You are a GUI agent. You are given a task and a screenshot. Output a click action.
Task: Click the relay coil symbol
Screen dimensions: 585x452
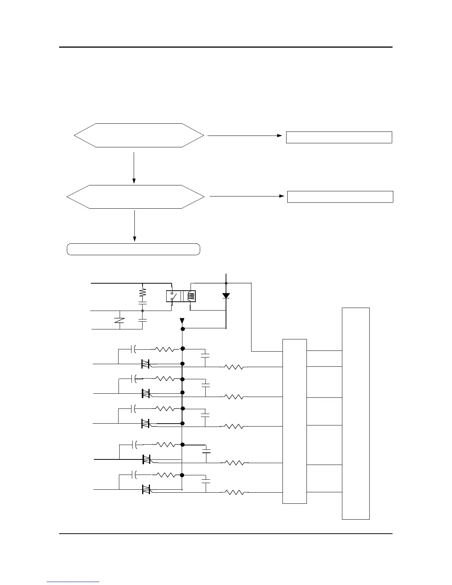pos(191,297)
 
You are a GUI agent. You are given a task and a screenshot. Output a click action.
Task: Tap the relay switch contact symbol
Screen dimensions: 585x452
pos(172,297)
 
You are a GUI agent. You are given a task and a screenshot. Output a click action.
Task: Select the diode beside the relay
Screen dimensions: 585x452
pos(226,296)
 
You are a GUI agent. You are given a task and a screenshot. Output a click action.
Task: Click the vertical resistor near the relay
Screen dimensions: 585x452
pos(143,293)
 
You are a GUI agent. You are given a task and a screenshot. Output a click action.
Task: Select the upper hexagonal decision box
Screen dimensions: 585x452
pos(139,136)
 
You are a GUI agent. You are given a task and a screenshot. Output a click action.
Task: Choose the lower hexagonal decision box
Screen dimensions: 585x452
pos(135,197)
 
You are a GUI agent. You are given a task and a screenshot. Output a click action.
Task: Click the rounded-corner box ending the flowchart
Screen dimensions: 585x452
pos(133,249)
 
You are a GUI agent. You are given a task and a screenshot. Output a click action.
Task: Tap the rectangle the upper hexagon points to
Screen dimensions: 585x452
pos(339,137)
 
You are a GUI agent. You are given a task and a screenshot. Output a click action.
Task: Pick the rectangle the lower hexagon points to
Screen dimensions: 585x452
pos(340,196)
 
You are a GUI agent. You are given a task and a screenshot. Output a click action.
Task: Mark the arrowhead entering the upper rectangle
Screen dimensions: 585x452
pos(280,136)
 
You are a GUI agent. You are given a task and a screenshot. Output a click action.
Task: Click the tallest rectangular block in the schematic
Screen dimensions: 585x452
pos(356,413)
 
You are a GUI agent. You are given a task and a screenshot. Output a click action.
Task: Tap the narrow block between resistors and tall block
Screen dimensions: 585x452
pos(294,421)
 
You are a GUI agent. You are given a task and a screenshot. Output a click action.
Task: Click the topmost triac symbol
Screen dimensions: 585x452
pos(145,364)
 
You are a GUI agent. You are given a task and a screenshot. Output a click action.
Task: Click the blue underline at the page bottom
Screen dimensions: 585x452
pos(73,582)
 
